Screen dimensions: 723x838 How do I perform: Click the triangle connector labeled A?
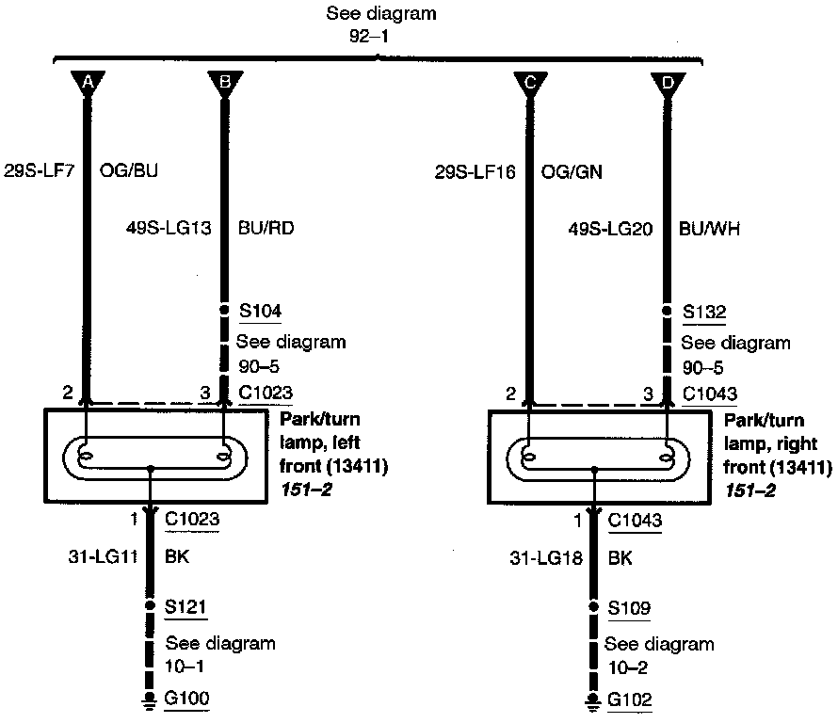(88, 84)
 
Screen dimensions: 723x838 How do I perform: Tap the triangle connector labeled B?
(224, 84)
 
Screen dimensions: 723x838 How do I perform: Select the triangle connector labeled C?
(530, 84)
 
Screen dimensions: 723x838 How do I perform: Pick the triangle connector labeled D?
(669, 84)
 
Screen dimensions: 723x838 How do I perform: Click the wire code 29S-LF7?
(40, 172)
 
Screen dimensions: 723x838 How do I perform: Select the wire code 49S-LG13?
(167, 227)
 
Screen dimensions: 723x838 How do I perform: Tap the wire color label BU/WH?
(709, 227)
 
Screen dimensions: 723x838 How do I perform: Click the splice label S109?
(628, 607)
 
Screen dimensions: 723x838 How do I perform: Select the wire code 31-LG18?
(543, 557)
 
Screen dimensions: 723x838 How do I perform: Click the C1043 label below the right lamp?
(635, 519)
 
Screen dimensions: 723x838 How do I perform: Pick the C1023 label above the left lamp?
(266, 394)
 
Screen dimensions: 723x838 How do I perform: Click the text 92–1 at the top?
(368, 38)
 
